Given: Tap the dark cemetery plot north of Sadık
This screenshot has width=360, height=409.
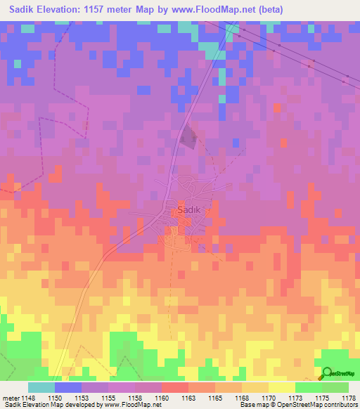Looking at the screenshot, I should click(x=188, y=137).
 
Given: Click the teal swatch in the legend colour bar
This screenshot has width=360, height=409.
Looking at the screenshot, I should click(x=41, y=387).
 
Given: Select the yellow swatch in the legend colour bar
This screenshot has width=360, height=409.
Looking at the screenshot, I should click(x=281, y=387).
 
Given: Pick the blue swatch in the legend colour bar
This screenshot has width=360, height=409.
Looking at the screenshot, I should click(x=68, y=387).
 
